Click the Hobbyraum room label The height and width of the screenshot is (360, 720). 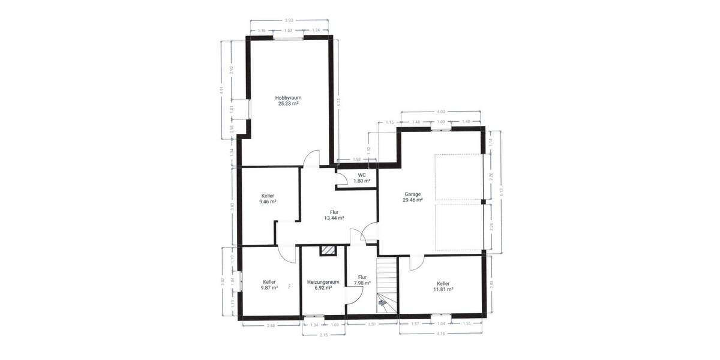[x=288, y=97]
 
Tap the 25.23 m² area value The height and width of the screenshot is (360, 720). [x=288, y=103]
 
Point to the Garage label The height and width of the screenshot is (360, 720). [x=412, y=194]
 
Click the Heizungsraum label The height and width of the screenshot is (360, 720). [x=323, y=282]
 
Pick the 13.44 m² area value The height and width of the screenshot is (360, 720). [x=334, y=218]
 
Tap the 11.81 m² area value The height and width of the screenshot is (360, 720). [x=443, y=289]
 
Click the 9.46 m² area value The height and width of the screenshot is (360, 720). [x=268, y=202]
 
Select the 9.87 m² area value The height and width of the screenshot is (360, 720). [x=269, y=288]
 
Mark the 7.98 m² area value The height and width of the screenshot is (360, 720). [x=362, y=283]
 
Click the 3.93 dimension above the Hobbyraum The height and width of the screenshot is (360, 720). [x=290, y=20]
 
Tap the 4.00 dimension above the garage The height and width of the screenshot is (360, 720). [x=441, y=112]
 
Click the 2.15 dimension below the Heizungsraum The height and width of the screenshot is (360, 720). [x=323, y=334]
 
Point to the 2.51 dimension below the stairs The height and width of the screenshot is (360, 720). [x=373, y=325]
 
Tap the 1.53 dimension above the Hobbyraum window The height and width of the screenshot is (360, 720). [x=288, y=30]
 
